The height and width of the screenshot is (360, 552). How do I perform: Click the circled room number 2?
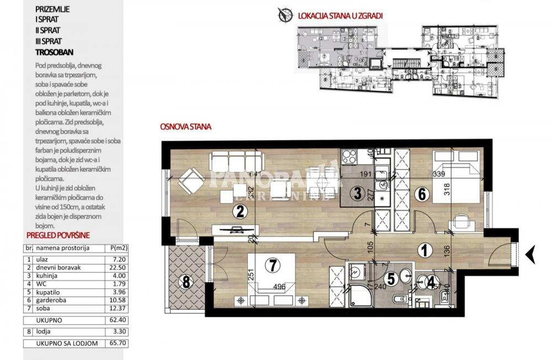tap(239, 210)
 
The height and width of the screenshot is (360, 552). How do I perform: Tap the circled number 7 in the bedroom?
tap(271, 266)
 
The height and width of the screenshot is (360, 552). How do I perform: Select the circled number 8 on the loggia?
tap(186, 282)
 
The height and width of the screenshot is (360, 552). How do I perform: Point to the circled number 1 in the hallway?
tap(424, 251)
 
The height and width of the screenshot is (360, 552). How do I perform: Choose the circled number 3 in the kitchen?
tap(358, 193)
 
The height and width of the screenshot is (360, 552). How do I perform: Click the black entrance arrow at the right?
tap(530, 254)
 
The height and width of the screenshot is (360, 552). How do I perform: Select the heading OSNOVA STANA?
tap(185, 126)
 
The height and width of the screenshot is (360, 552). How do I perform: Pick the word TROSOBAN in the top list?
tap(51, 51)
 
